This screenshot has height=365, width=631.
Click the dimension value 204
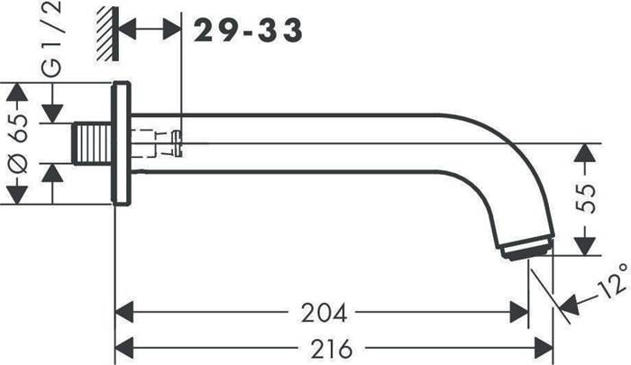click(x=324, y=313)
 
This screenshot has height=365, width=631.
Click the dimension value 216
click(x=332, y=349)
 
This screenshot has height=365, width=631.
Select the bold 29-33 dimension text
click(x=248, y=30)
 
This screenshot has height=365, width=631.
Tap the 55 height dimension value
click(x=585, y=198)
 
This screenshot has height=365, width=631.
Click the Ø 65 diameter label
click(x=19, y=143)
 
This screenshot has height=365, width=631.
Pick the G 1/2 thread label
click(x=52, y=39)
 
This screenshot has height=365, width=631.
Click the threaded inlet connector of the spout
click(x=92, y=143)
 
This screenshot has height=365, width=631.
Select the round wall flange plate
click(x=121, y=143)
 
